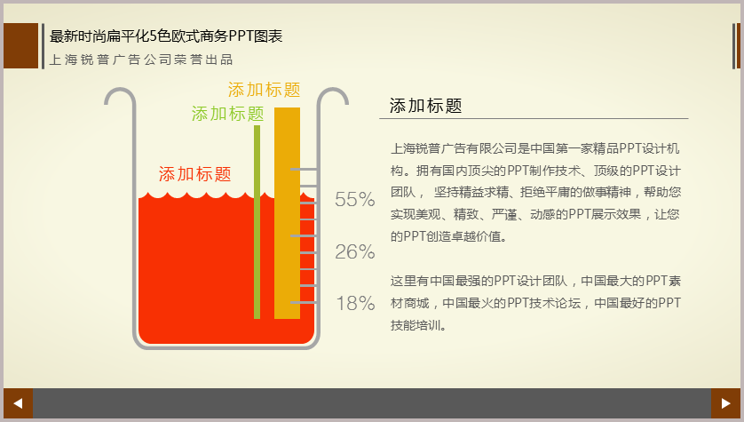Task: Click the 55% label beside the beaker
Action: click(x=355, y=199)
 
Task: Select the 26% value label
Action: click(x=355, y=251)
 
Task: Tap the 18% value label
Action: click(x=355, y=303)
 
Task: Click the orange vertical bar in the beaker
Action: click(x=287, y=213)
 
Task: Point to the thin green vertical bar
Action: click(x=257, y=222)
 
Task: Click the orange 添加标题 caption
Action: click(x=265, y=90)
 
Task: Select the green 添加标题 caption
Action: click(x=228, y=114)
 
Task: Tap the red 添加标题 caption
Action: click(x=195, y=174)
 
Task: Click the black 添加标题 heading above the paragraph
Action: click(x=425, y=106)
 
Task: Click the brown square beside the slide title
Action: click(x=21, y=45)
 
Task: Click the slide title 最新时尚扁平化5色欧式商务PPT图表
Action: click(x=166, y=36)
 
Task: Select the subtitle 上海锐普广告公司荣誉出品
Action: click(x=141, y=60)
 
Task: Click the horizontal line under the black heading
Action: click(x=534, y=119)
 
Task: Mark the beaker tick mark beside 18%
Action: click(x=303, y=302)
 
